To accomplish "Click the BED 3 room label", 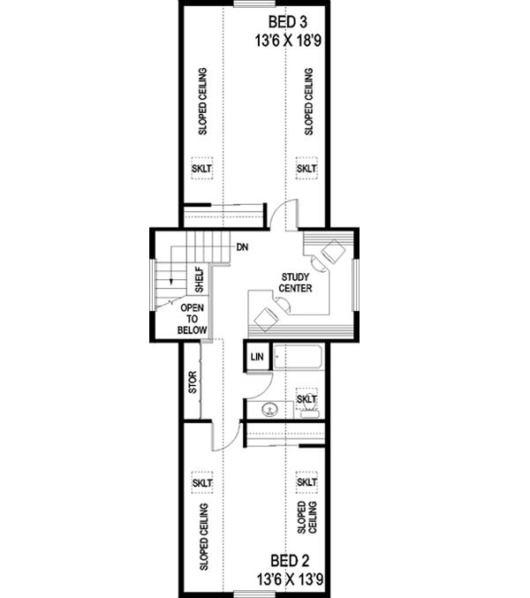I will coord(284,21).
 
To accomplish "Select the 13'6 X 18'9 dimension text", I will coord(284,41).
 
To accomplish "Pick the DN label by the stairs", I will coord(241,247).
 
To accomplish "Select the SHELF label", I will coord(200,280).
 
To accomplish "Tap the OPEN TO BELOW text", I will coord(192,319).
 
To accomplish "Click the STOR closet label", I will coord(193,382).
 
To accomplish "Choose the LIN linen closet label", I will coord(257,357).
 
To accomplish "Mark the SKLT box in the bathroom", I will coord(307,398).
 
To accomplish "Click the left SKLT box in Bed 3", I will coord(202,168).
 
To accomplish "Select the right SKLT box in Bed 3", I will coord(307,168).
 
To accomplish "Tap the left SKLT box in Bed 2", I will coord(202,483).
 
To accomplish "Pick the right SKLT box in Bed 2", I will coord(307,483).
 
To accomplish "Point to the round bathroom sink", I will coord(270,410).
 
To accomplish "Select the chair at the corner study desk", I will coord(333,251).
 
